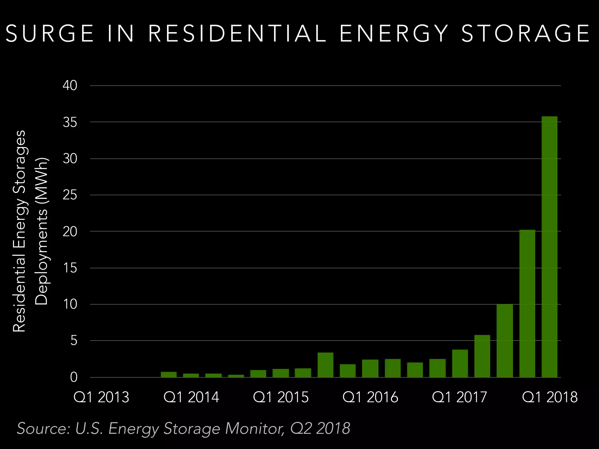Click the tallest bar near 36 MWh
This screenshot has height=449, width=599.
pos(549,247)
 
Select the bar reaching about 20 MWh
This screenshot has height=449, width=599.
pos(527,304)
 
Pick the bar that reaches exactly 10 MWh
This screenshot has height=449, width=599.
pos(505,341)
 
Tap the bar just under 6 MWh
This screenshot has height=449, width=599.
pos(482,356)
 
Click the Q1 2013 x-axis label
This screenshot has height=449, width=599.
pos(101,397)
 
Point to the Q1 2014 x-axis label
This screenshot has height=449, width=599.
pos(191,397)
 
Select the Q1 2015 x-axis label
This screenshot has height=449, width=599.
pos(281,397)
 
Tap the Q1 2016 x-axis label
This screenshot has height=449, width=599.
pos(370,397)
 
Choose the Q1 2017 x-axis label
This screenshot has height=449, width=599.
pos(460,397)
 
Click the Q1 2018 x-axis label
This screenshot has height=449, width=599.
pos(550,397)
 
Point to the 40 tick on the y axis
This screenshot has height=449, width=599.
pos(70,86)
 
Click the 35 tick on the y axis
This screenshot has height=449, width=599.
pos(70,122)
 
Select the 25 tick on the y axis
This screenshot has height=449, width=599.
pos(70,195)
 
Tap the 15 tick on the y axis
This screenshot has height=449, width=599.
pos(70,268)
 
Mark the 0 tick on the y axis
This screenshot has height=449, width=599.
pos(74,377)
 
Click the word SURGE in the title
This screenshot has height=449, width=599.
pos(50,33)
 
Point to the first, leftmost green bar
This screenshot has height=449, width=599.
pos(169,374)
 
